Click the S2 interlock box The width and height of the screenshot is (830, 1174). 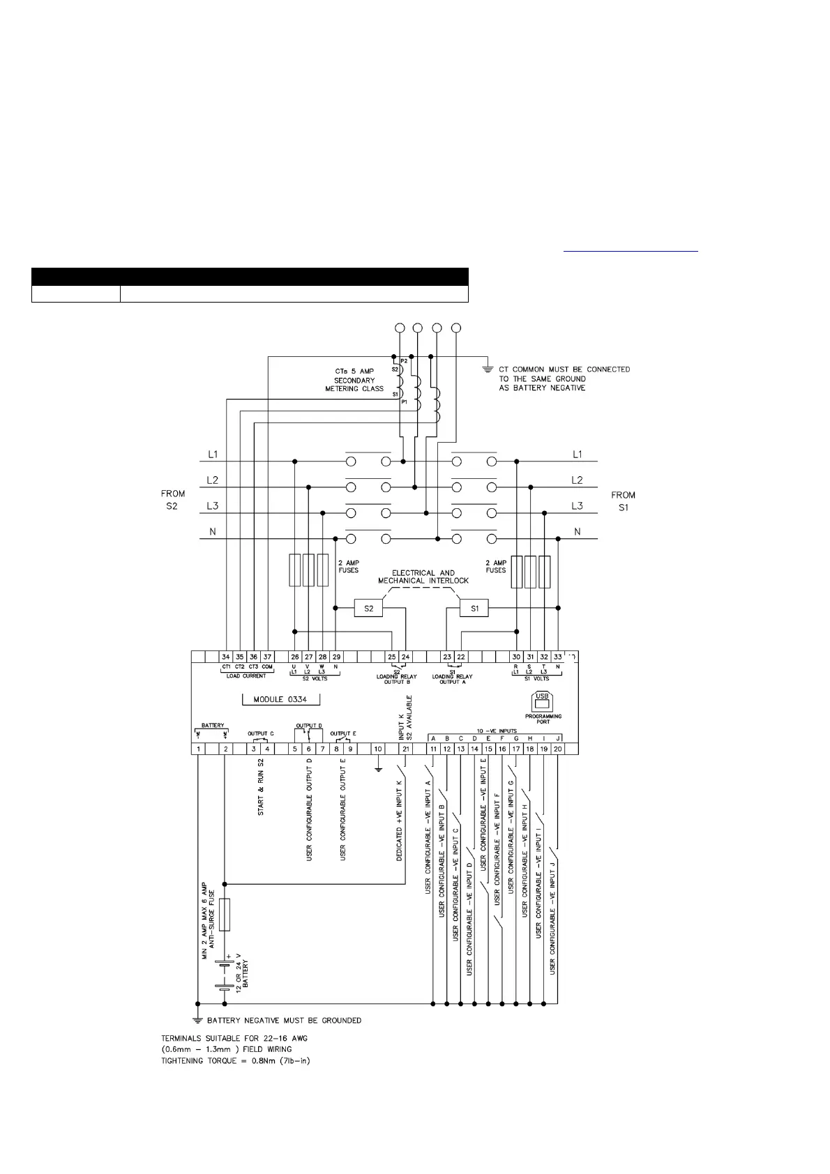(x=369, y=609)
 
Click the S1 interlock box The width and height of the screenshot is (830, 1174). (x=474, y=609)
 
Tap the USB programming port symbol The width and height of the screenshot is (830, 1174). (x=542, y=700)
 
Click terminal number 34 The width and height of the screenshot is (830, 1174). (x=226, y=657)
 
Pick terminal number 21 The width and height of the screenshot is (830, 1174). (x=406, y=749)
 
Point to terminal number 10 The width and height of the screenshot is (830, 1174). (x=378, y=749)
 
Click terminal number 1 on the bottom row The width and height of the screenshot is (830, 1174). (x=199, y=749)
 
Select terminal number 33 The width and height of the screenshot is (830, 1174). (x=558, y=657)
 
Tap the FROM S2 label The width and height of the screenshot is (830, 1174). (x=173, y=500)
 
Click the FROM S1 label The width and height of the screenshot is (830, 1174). (x=624, y=501)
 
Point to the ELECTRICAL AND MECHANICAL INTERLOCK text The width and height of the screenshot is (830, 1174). (x=423, y=577)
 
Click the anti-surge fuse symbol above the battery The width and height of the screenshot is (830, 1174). (x=225, y=915)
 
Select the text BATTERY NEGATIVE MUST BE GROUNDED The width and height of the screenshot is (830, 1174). (x=284, y=1021)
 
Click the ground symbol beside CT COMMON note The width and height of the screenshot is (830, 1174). (x=487, y=369)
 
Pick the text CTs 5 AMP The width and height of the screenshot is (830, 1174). (x=354, y=371)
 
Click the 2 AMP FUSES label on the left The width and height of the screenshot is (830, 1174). (x=348, y=566)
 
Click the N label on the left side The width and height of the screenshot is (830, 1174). (x=213, y=532)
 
